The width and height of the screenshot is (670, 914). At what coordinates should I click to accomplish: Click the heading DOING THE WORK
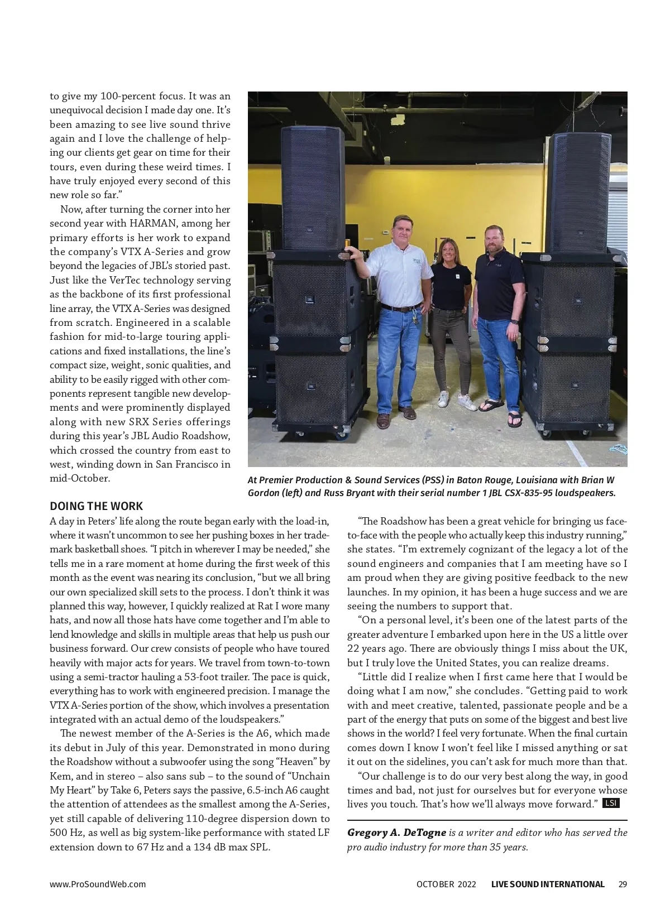pos(96,506)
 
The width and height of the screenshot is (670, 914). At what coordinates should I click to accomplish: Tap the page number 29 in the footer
pos(623,884)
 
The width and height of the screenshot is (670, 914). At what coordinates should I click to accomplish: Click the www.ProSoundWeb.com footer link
pos(98,884)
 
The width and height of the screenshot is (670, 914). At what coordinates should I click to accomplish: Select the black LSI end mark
pos(611,804)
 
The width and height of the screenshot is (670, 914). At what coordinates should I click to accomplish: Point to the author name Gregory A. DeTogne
pos(396,833)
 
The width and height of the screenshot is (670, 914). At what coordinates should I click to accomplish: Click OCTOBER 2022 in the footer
pos(446,884)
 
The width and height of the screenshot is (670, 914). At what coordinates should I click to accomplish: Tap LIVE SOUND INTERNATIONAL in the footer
pos(548,884)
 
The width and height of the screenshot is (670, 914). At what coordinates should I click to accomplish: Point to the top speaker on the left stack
pos(312,187)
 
